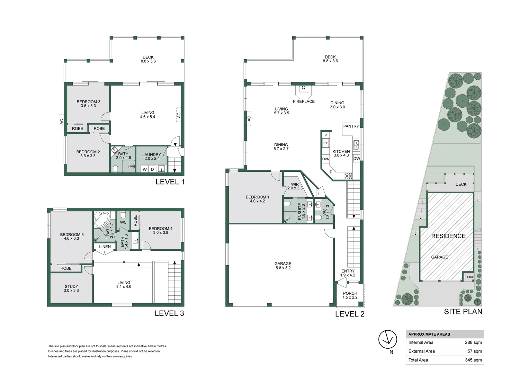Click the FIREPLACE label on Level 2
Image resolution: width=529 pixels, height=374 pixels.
[304, 101]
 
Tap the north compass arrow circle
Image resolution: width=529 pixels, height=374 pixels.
[387, 339]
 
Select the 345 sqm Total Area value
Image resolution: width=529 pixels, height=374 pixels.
[473, 360]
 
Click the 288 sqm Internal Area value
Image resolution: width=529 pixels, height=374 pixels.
[473, 342]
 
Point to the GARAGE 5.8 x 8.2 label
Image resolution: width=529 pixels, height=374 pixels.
[283, 266]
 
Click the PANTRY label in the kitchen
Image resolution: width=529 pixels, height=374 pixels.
[351, 126]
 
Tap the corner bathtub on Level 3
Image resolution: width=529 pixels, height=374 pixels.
[102, 220]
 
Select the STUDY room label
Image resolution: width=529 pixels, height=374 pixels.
[71, 288]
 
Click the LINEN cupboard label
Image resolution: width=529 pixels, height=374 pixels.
[105, 247]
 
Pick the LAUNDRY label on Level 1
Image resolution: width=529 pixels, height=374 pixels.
[152, 157]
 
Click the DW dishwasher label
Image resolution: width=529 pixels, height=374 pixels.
[357, 159]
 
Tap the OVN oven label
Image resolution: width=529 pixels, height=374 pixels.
[326, 159]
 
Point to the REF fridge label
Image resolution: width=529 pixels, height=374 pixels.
[325, 143]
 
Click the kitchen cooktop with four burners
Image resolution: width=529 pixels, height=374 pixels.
[349, 176]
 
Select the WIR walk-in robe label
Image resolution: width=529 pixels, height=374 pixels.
[295, 186]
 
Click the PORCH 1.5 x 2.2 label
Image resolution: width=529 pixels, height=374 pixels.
[350, 295]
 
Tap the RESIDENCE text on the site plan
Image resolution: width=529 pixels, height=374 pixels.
[448, 236]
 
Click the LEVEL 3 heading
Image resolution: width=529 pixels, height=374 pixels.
[169, 313]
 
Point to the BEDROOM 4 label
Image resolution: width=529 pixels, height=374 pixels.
[161, 230]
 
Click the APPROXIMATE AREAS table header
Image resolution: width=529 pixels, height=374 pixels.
[429, 334]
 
